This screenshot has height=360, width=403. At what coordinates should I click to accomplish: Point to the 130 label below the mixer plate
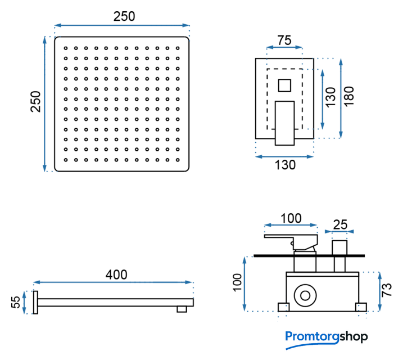click(x=284, y=165)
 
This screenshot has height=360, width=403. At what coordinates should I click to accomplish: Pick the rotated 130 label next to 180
click(x=330, y=97)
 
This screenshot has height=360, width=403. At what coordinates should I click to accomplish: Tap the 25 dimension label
click(x=341, y=224)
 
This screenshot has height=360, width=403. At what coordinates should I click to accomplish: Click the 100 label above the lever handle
click(x=291, y=218)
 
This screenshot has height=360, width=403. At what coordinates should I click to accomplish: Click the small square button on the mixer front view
click(x=284, y=85)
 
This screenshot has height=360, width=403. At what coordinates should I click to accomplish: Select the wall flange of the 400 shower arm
click(x=35, y=303)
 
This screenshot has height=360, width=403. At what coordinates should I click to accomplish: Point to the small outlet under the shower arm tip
click(x=183, y=308)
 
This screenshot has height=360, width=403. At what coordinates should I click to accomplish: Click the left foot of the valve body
click(x=283, y=307)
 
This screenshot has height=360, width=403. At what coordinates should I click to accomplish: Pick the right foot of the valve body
click(x=360, y=307)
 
